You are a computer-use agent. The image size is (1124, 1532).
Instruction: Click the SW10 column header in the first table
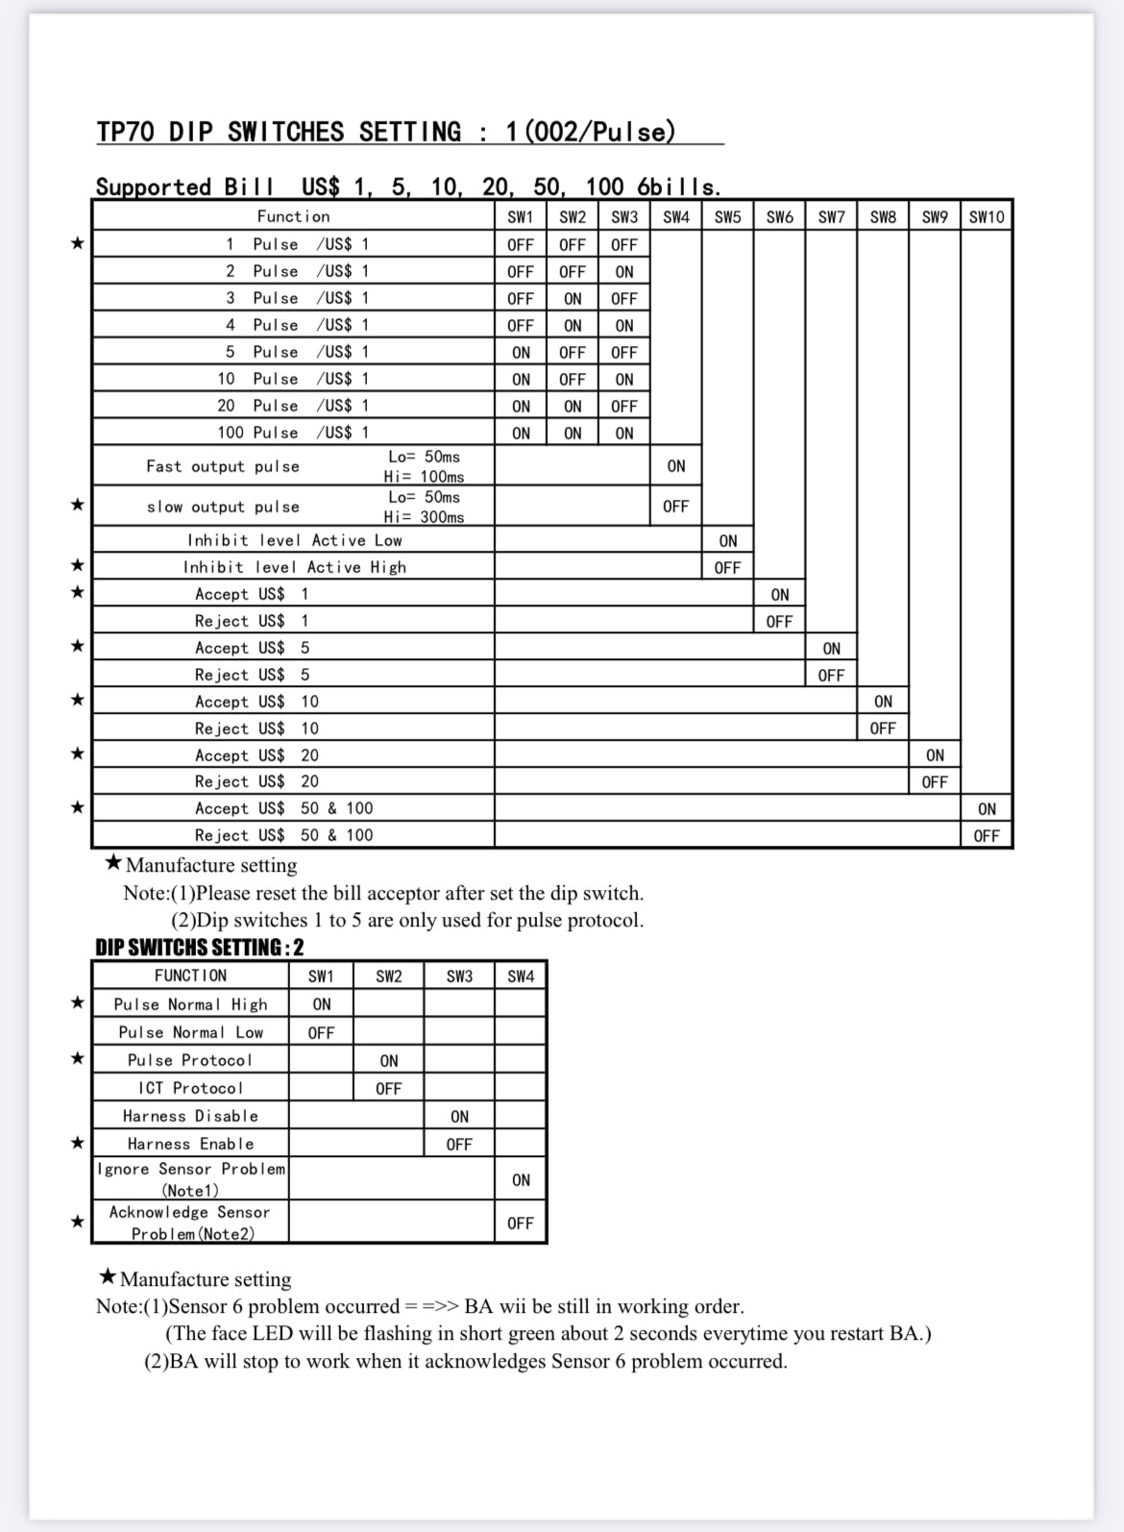(987, 217)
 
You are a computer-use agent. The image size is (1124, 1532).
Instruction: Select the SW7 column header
(832, 217)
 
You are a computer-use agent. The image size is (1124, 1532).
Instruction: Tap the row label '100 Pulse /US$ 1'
(293, 432)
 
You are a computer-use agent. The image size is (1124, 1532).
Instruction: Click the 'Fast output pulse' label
(223, 466)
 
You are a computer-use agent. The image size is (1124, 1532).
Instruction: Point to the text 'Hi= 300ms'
(424, 517)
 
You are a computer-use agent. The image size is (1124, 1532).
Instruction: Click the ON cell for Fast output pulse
(676, 466)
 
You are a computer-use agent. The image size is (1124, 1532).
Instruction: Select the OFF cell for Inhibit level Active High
(727, 568)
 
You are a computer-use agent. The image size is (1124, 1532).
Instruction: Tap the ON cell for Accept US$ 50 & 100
(987, 809)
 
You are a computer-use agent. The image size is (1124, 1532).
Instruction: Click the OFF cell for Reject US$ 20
(935, 782)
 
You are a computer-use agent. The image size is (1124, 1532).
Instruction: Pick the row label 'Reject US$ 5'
(252, 675)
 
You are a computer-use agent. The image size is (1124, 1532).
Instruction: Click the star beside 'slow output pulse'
(78, 505)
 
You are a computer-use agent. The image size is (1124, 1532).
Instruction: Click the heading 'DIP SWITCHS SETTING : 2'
(200, 948)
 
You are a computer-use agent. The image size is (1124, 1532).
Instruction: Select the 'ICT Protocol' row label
(190, 1088)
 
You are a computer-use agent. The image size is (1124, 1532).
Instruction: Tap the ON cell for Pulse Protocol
(389, 1061)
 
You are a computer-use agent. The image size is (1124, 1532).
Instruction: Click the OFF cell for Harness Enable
(459, 1145)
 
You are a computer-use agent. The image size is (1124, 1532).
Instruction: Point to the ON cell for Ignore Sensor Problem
(521, 1180)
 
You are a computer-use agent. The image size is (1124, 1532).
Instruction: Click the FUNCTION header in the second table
(190, 976)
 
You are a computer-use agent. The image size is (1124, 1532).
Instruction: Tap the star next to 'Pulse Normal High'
(78, 1003)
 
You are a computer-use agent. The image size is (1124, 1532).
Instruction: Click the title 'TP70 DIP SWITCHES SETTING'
(279, 132)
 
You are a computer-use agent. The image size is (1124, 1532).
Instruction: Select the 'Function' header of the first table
(293, 217)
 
